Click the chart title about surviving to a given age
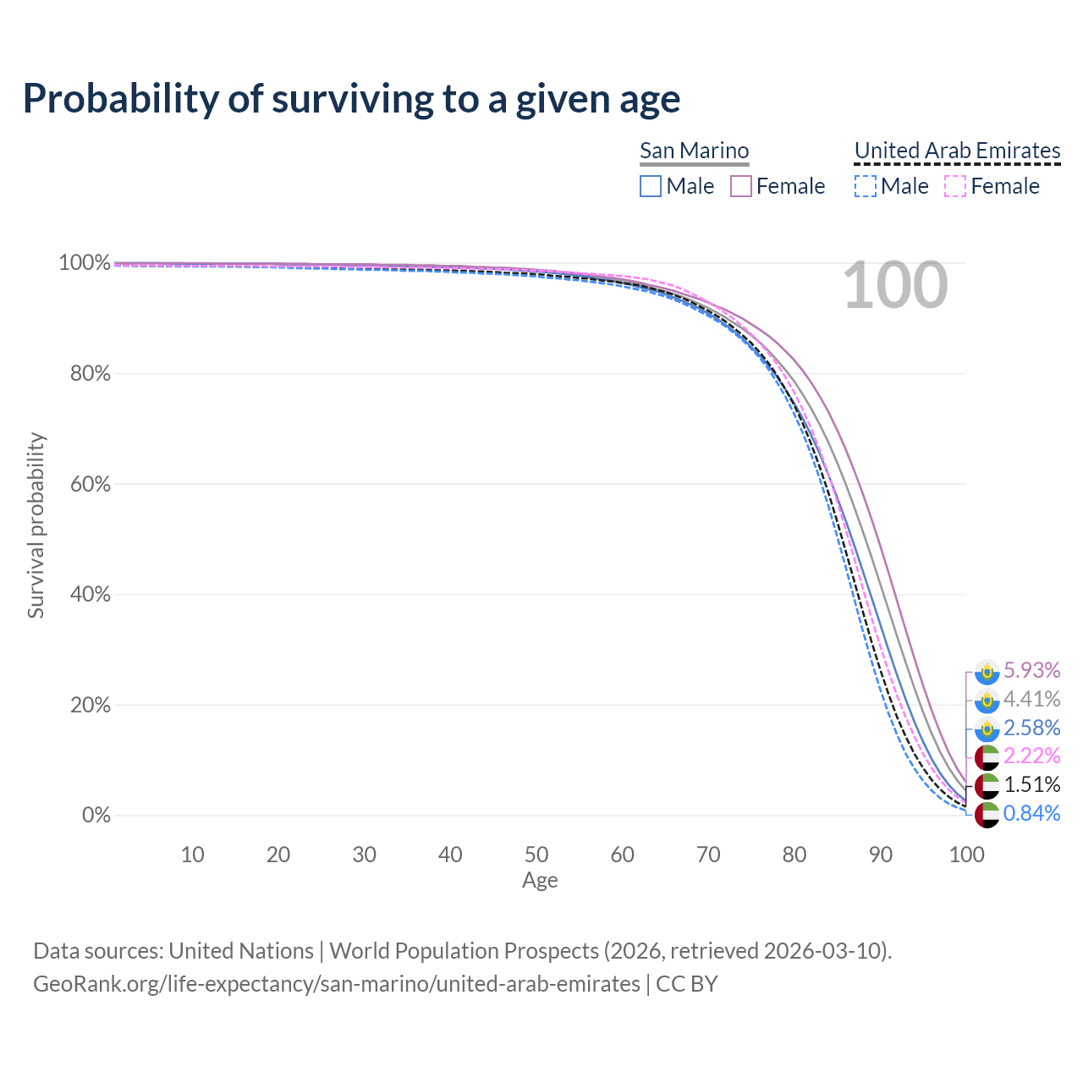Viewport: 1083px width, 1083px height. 351,99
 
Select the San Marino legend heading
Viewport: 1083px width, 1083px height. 694,151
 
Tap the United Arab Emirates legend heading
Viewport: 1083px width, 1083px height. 957,151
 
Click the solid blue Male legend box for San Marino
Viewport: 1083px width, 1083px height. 650,186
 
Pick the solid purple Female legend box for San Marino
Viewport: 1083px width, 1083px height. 741,186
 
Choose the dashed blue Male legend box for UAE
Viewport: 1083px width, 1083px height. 865,186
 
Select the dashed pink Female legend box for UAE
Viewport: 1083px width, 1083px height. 954,186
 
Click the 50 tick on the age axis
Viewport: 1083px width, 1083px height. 536,855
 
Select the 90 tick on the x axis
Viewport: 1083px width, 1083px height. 881,855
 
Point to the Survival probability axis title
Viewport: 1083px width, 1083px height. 36,525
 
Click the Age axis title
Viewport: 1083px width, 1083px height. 540,881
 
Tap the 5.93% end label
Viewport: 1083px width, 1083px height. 1031,671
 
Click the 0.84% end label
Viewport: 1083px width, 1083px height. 1031,814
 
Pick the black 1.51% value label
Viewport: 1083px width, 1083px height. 1031,785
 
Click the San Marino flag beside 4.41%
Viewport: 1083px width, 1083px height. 987,701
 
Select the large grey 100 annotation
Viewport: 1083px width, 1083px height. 895,286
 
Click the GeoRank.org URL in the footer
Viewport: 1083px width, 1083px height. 337,984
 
